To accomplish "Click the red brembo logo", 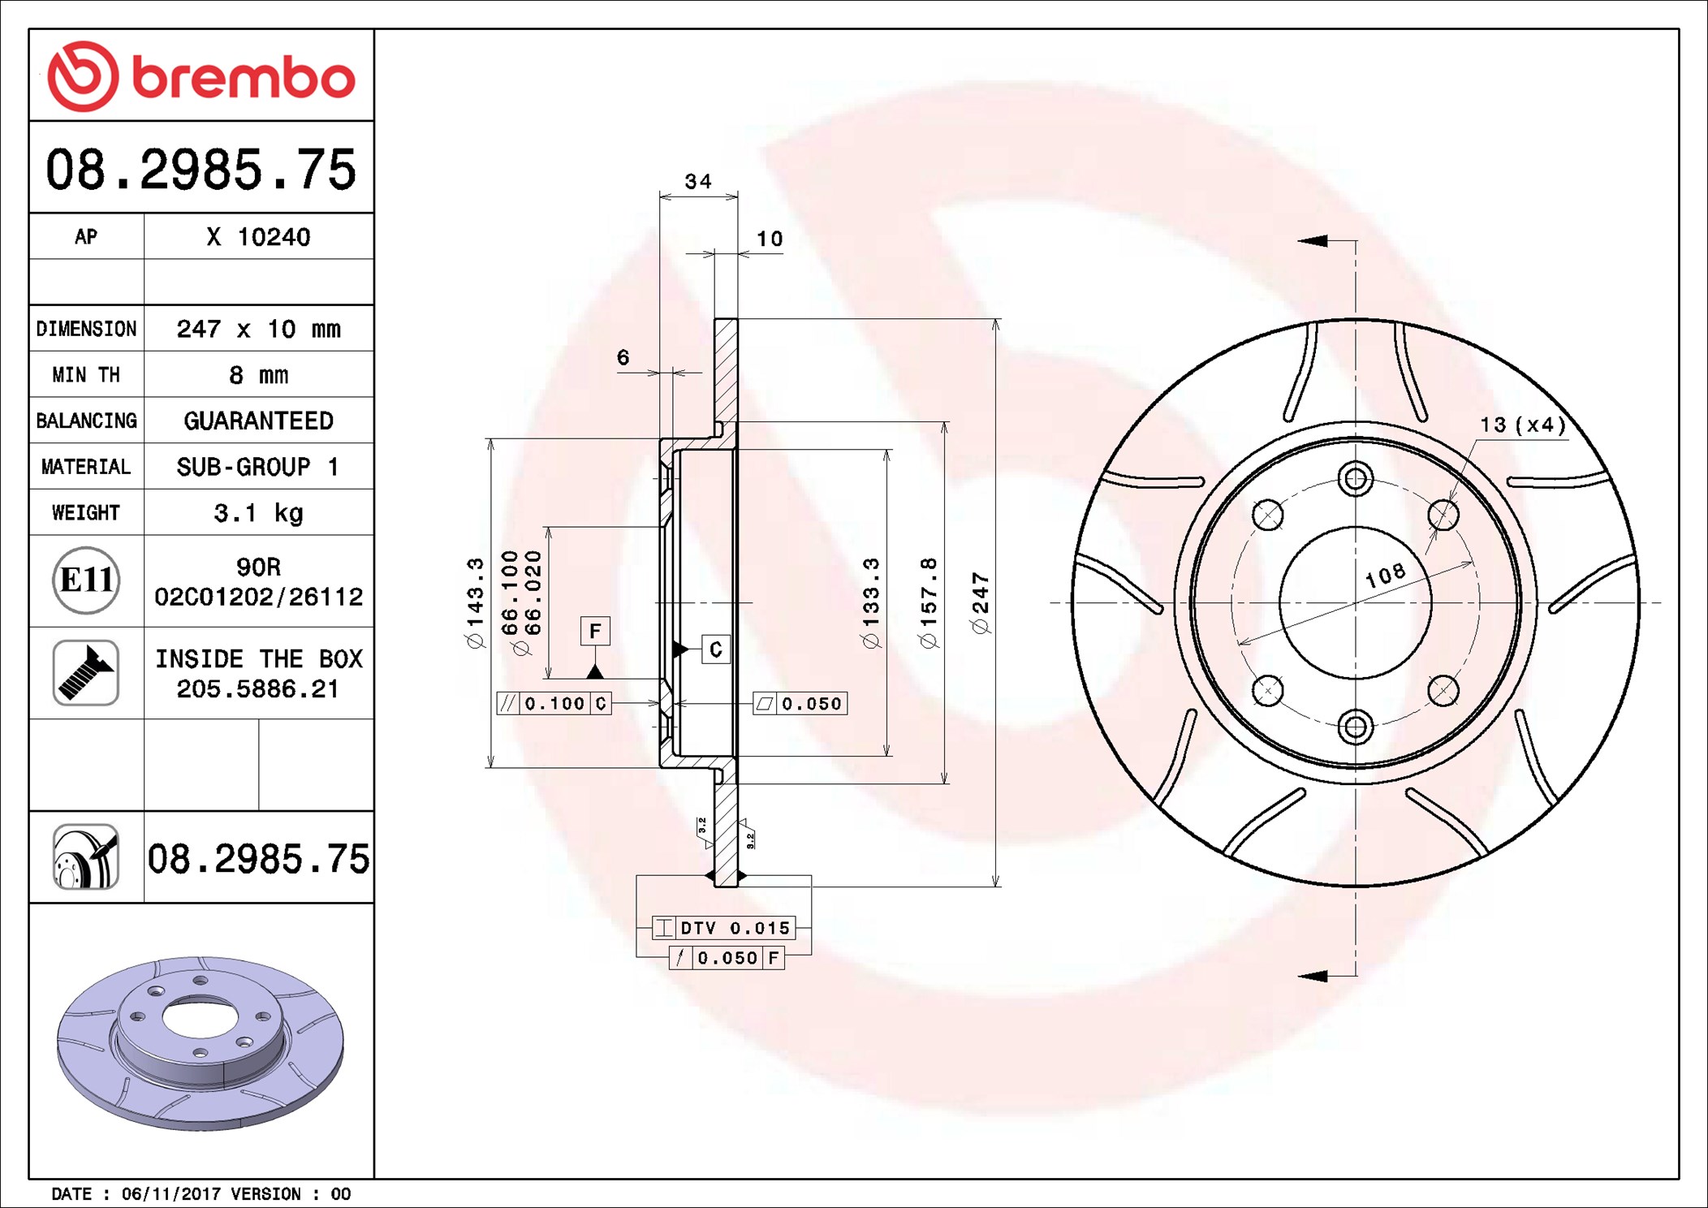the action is pyautogui.click(x=201, y=76).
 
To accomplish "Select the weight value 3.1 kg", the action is pyautogui.click(x=258, y=513).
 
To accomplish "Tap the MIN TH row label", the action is pyautogui.click(x=86, y=374).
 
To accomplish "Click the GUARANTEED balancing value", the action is pyautogui.click(x=258, y=421).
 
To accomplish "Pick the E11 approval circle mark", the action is pyautogui.click(x=86, y=580).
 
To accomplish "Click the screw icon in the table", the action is pyautogui.click(x=86, y=673).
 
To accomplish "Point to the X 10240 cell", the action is pyautogui.click(x=258, y=237).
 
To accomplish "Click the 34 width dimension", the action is pyautogui.click(x=698, y=181).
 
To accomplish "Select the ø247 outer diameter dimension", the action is pyautogui.click(x=981, y=602).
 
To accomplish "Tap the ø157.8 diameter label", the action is pyautogui.click(x=928, y=602).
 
